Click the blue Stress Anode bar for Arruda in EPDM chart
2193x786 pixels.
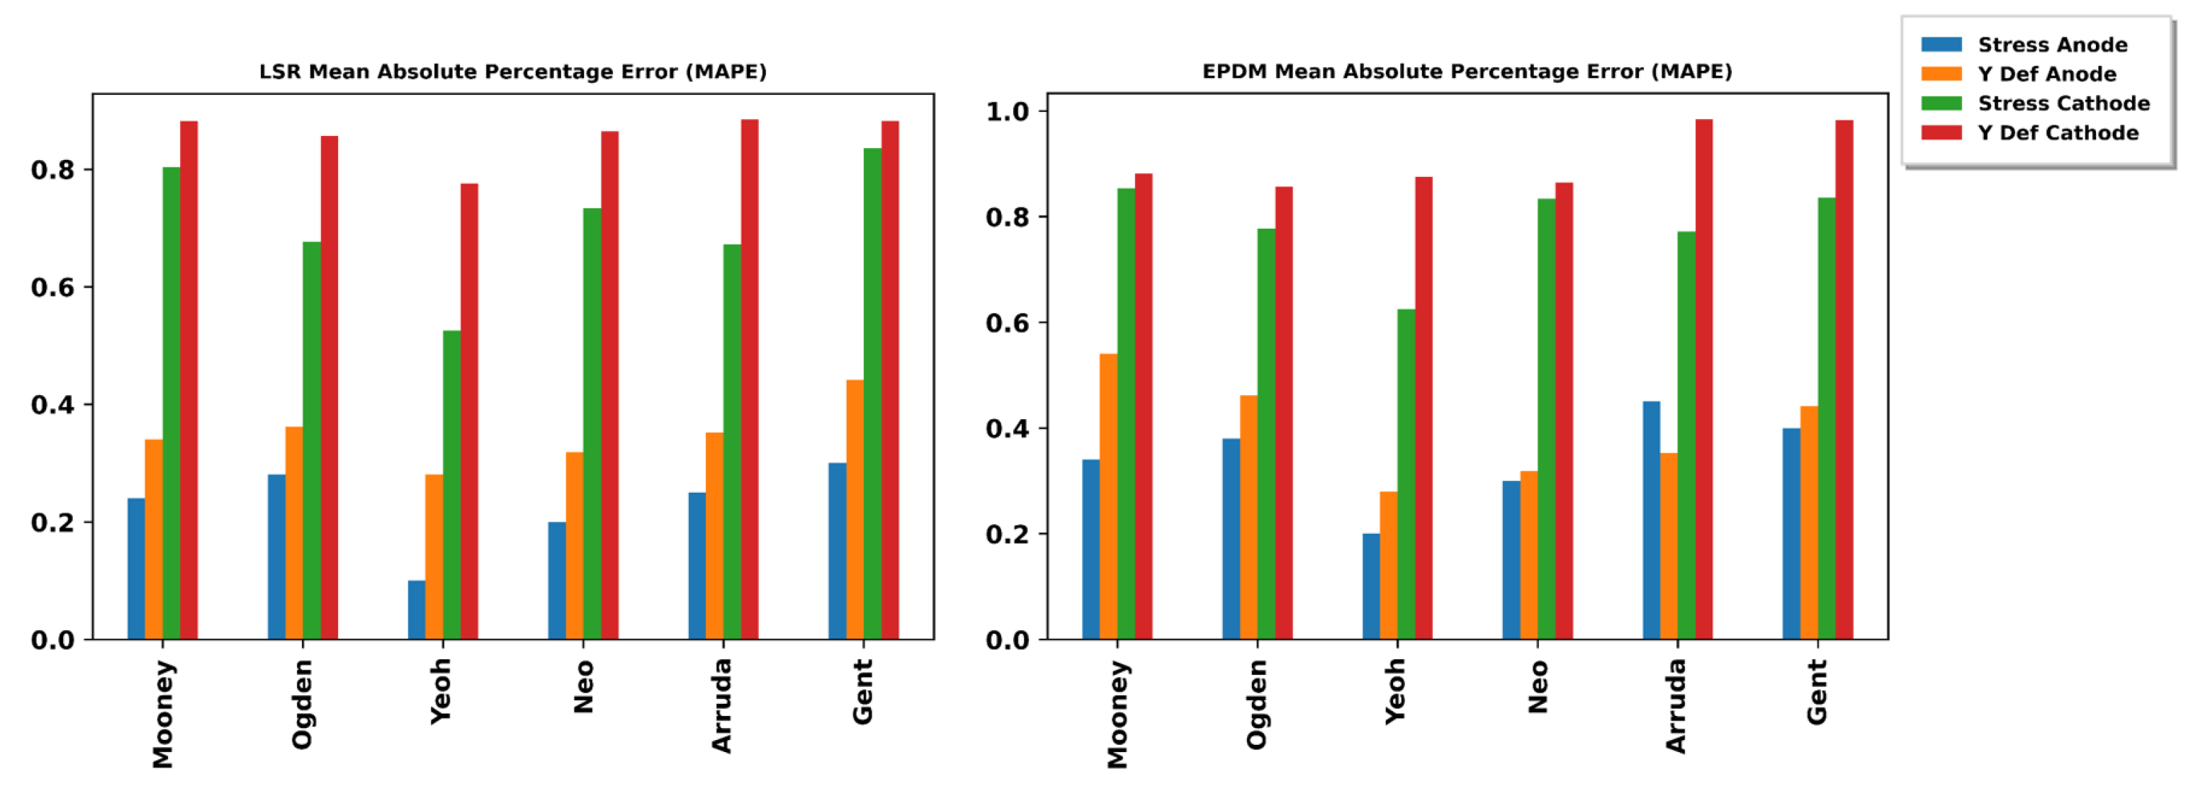pos(1651,520)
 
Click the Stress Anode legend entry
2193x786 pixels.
pos(2052,44)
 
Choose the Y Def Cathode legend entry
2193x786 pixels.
pos(2057,132)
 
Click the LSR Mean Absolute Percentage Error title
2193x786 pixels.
pos(512,72)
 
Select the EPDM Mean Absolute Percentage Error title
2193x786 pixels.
pos(1466,72)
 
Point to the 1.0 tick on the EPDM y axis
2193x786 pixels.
pos(1006,111)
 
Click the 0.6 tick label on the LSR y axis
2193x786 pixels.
pos(52,287)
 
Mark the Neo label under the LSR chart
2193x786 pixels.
pos(583,688)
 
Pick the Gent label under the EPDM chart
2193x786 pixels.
pos(1816,693)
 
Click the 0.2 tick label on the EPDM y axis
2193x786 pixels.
pos(1006,534)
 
